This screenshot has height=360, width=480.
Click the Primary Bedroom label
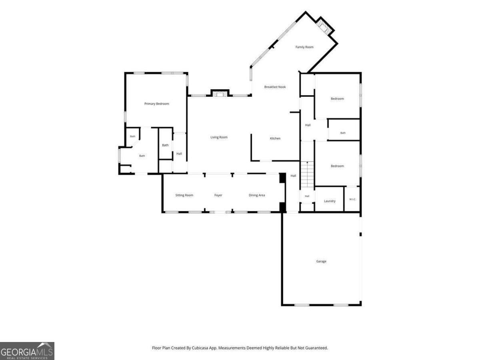(156, 104)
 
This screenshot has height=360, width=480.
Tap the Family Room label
(304, 47)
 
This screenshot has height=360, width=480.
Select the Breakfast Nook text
(275, 87)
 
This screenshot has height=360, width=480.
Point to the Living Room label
(219, 137)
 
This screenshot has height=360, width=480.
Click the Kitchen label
(275, 138)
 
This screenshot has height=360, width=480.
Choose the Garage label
(321, 261)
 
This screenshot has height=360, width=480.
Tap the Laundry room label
(330, 201)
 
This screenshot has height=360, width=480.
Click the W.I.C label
(352, 199)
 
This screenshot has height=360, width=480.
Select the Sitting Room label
(184, 195)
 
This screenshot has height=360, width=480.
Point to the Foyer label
(218, 195)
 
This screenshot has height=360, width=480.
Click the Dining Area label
(257, 195)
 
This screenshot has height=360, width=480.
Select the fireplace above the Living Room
(220, 93)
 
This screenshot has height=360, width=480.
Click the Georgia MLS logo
(27, 351)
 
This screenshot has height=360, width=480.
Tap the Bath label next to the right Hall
(343, 133)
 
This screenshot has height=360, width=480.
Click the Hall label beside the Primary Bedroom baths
(179, 154)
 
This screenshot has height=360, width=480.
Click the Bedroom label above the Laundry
(337, 166)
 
